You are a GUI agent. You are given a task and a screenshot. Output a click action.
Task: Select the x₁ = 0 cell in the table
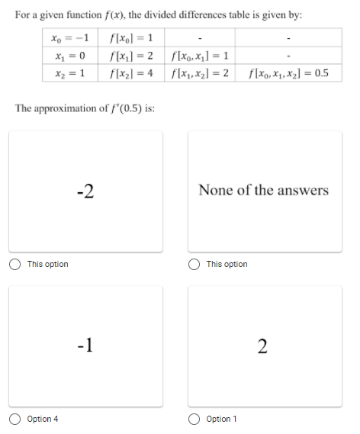click(x=71, y=56)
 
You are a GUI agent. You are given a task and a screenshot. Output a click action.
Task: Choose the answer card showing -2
click(x=85, y=190)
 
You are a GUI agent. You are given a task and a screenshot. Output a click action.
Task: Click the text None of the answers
click(x=263, y=190)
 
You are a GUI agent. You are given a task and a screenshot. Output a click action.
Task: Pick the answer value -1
click(x=85, y=345)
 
